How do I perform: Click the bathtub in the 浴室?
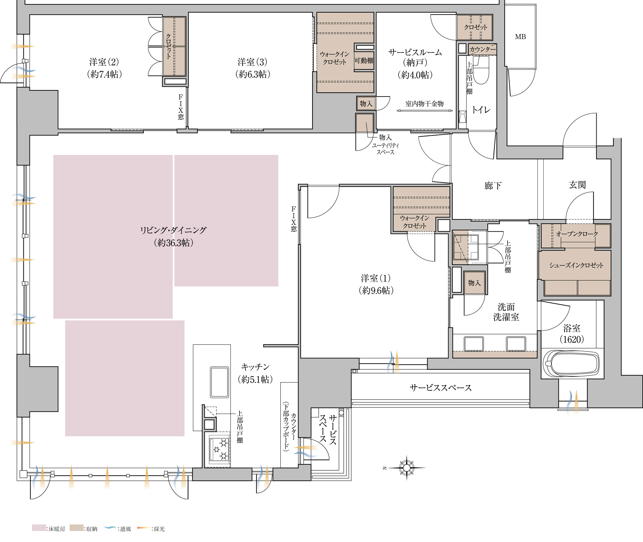(571, 364)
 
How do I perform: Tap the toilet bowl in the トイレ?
(481, 70)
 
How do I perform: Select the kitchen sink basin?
(219, 382)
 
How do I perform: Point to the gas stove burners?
(220, 449)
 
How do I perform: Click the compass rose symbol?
(406, 468)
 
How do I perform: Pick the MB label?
(521, 37)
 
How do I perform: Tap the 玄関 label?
(577, 185)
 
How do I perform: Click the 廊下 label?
(493, 186)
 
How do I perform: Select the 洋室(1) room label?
(376, 278)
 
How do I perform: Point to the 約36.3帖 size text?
(174, 243)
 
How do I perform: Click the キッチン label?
(255, 367)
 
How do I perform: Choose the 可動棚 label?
(364, 60)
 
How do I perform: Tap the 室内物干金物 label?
(424, 104)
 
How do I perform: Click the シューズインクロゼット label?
(576, 265)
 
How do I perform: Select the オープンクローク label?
(577, 234)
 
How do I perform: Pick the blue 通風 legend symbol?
(110, 528)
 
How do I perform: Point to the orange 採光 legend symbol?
(143, 528)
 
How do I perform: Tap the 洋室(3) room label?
(252, 62)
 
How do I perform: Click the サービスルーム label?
(415, 52)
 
